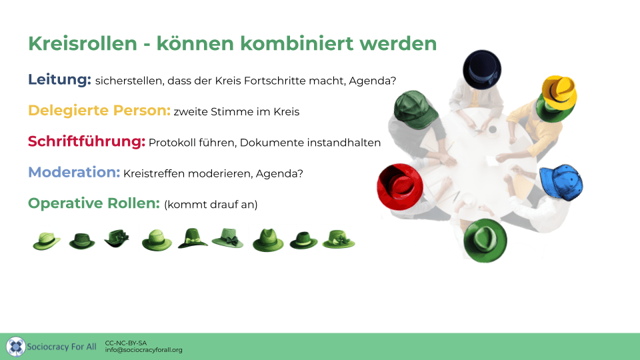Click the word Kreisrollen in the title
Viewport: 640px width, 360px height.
tap(83, 43)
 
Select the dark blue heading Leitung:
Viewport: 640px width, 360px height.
tap(59, 79)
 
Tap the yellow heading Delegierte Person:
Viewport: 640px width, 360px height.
tap(99, 110)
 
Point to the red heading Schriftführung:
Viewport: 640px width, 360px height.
tap(87, 141)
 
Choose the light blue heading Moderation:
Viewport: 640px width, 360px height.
tap(74, 172)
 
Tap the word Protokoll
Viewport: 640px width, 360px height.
tap(172, 143)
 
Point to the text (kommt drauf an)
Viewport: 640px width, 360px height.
tap(211, 205)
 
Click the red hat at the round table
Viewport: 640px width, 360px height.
tap(399, 187)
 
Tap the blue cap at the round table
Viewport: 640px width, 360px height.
tap(561, 183)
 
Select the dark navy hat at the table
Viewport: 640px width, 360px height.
tap(482, 69)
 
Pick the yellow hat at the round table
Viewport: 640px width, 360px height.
tap(559, 92)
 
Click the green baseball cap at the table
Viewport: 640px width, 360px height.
tap(415, 109)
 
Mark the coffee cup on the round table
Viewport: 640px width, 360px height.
tap(493, 130)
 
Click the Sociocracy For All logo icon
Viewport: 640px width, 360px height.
tap(16, 347)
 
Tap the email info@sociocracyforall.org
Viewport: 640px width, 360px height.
tap(144, 350)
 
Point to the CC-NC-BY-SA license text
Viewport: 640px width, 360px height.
tap(126, 343)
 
